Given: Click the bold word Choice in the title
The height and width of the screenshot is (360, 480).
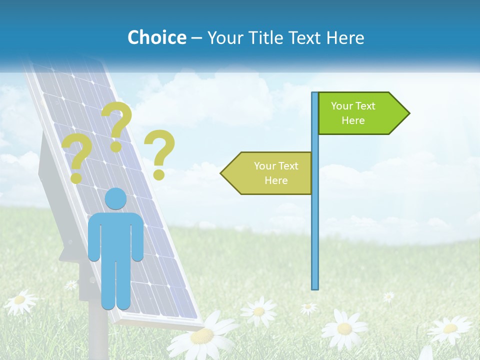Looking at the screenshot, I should pos(156,37).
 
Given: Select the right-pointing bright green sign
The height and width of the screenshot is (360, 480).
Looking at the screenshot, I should pos(360,113).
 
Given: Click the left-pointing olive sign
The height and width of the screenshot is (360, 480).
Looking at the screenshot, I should pos(270,173).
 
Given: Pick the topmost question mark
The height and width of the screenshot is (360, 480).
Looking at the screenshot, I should pos(117,125).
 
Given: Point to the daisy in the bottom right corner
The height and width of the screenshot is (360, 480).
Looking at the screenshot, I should pos(450,329).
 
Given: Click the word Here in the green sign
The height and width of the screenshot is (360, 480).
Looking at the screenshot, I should pos(353,120).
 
